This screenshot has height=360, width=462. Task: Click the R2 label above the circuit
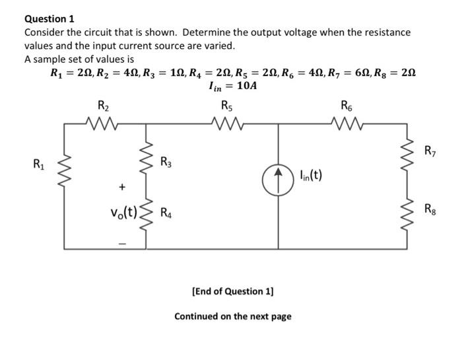click(x=104, y=106)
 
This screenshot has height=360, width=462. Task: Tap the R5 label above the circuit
click(x=226, y=106)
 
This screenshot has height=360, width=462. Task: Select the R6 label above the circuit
click(x=347, y=106)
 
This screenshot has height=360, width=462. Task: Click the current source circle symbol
click(x=277, y=176)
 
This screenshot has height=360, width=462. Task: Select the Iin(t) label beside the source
click(x=310, y=176)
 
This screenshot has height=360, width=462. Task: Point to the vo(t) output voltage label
click(x=123, y=213)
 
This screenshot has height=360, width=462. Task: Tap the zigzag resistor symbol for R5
click(x=226, y=122)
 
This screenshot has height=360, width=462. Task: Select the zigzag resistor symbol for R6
click(x=347, y=122)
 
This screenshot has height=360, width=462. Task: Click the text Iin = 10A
click(x=232, y=86)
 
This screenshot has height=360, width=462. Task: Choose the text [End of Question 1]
click(x=232, y=291)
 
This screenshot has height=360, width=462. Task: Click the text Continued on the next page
click(x=232, y=316)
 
